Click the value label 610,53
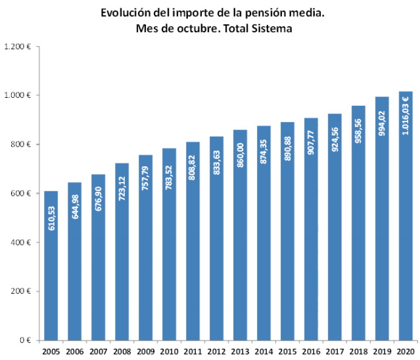pos(52,217)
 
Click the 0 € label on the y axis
pos(26,340)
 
